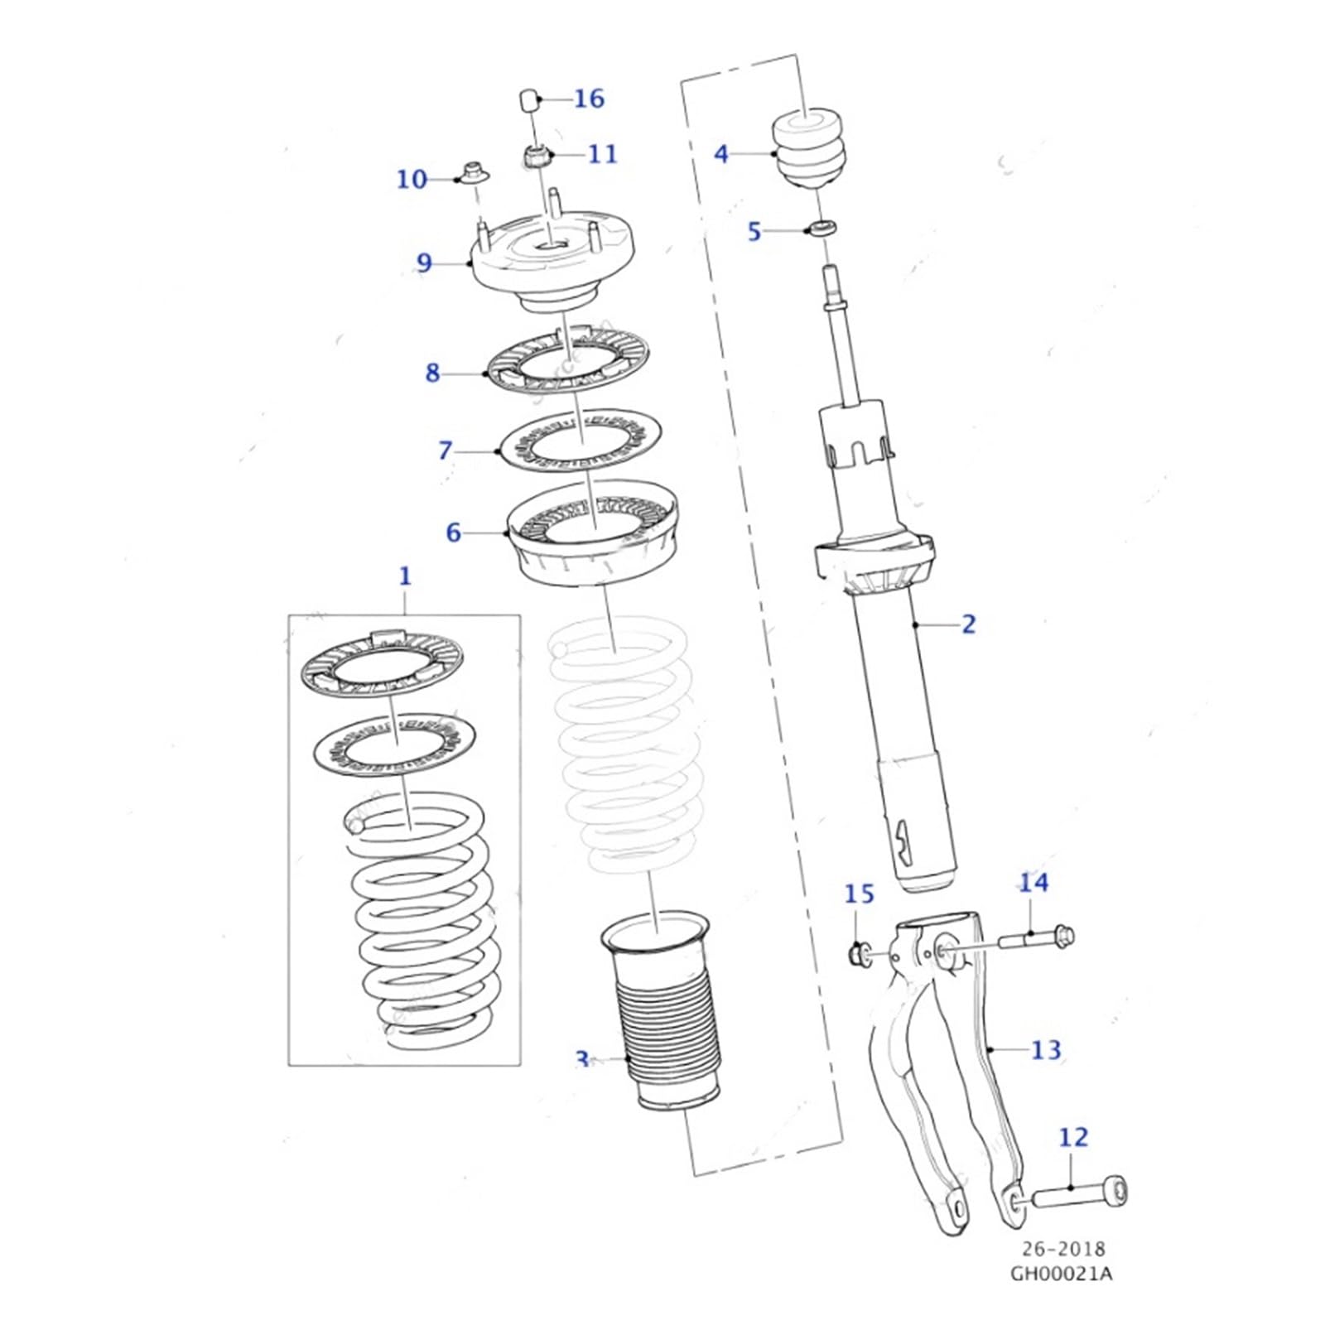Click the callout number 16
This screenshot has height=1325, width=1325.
589,99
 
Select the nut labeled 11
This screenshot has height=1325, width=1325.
535,155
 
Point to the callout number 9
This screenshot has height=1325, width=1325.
424,263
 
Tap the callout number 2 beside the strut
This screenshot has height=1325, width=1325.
968,624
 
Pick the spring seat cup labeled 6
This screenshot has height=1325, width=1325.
592,542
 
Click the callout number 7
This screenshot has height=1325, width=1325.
446,450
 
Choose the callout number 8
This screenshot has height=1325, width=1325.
432,373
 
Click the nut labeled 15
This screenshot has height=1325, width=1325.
858,955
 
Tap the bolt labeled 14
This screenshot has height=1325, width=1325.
1036,939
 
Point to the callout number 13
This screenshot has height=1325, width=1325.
1045,1050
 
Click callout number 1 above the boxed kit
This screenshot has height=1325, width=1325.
405,576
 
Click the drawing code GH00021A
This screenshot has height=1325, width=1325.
1061,1274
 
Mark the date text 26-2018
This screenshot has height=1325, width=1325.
1063,1249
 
